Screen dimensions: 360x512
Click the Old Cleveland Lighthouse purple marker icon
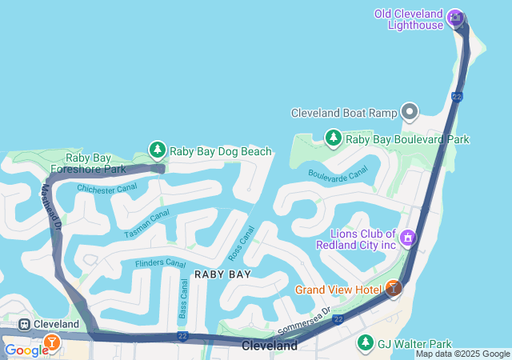[455, 16]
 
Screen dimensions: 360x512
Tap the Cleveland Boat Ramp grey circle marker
[410, 112]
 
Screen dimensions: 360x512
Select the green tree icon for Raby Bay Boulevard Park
[333, 138]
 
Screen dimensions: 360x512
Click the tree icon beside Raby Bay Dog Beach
[158, 150]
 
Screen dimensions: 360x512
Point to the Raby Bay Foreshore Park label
[87, 163]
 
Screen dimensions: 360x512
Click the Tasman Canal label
[147, 223]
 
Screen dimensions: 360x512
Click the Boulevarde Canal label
[339, 171]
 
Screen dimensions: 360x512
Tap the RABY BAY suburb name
[222, 274]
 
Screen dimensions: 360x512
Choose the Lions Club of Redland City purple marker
[408, 238]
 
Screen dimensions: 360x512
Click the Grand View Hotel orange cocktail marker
[393, 288]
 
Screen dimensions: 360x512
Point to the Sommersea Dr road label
[303, 319]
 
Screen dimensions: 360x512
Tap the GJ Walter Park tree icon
[365, 342]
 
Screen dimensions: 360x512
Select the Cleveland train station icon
[25, 324]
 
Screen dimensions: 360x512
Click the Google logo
[26, 350]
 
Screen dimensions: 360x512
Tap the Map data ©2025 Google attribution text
[462, 354]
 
